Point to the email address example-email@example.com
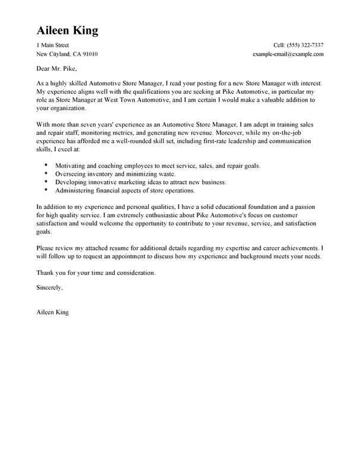tap(288, 55)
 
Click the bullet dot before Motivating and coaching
tap(46, 164)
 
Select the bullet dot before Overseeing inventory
tap(46, 173)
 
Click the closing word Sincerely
tap(49, 287)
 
